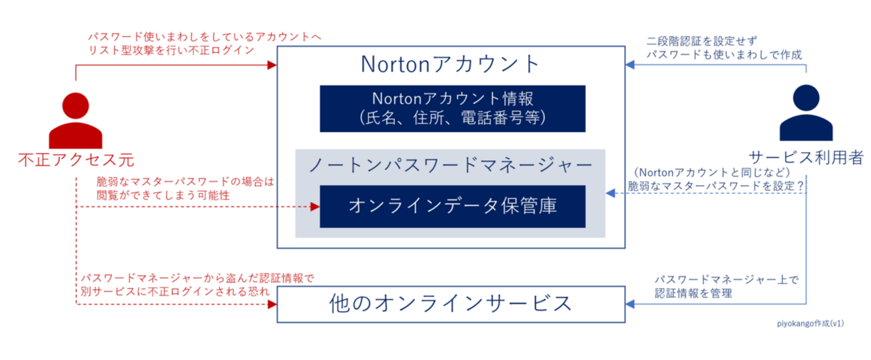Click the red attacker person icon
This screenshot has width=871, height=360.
[76, 120]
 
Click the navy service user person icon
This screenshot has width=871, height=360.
[806, 113]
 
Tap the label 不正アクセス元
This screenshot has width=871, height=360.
[76, 160]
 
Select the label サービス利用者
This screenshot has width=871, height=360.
[806, 158]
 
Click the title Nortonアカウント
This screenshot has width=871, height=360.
[451, 64]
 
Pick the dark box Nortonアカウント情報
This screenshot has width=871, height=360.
[453, 109]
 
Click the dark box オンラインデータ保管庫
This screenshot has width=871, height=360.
[453, 206]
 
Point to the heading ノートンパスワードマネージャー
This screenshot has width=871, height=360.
[451, 166]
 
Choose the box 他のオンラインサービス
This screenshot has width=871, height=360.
[451, 304]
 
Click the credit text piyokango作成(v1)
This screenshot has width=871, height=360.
[811, 323]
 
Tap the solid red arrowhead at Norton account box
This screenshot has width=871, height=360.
[272, 65]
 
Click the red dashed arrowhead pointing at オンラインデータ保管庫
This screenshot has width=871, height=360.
[315, 207]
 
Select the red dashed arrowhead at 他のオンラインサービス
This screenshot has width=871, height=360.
[272, 304]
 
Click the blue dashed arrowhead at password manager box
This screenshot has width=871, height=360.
[610, 193]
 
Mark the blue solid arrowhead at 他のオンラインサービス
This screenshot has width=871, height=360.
[630, 304]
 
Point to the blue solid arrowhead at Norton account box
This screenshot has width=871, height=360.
[630, 65]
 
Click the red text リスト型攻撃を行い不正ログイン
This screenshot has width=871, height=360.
[171, 50]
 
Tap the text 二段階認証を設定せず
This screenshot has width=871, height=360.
[701, 41]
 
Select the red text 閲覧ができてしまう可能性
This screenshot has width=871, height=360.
[163, 195]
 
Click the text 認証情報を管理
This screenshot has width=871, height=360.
[693, 293]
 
